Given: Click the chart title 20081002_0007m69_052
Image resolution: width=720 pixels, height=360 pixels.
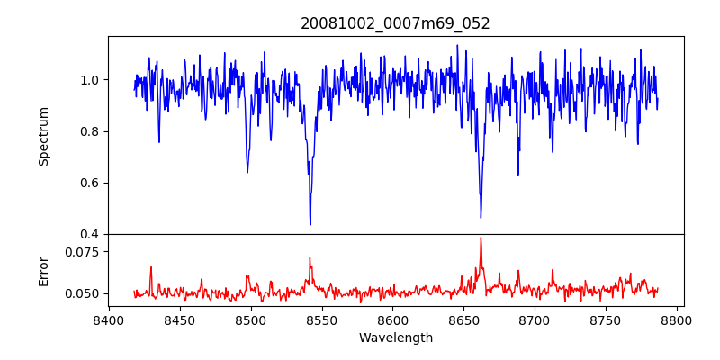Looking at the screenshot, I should pyautogui.click(x=395, y=23).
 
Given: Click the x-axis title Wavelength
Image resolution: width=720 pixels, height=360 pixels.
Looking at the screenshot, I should pyautogui.click(x=395, y=338).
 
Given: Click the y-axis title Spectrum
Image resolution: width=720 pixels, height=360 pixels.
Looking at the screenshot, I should pyautogui.click(x=43, y=136).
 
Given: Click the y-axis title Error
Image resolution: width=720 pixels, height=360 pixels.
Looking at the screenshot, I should pyautogui.click(x=43, y=271).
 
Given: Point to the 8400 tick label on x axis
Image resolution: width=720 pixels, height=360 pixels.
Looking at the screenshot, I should pyautogui.click(x=109, y=319).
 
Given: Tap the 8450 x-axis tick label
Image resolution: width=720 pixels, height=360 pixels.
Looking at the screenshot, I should pyautogui.click(x=180, y=319).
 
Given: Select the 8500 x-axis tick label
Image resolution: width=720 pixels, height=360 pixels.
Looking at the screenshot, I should pyautogui.click(x=251, y=319).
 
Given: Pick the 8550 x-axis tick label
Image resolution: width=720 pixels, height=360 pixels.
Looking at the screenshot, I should pyautogui.click(x=322, y=319).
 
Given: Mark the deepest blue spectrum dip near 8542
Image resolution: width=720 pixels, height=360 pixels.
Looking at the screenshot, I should pyautogui.click(x=310, y=224).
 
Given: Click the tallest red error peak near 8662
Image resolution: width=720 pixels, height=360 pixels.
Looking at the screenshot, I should pyautogui.click(x=481, y=238).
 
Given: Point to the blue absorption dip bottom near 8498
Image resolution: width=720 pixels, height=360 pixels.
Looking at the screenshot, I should pyautogui.click(x=247, y=172).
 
